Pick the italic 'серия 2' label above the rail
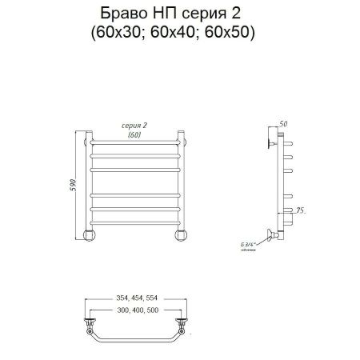pyautogui.click(x=135, y=126)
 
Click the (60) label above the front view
pyautogui.click(x=135, y=135)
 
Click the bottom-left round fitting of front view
pyautogui.click(x=90, y=235)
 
